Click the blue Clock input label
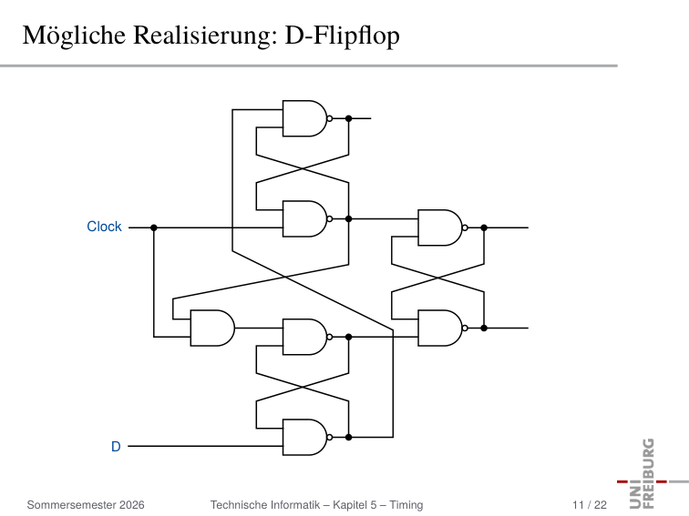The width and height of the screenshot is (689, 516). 104,227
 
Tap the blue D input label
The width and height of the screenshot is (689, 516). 116,446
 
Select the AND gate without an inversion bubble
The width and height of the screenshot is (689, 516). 212,329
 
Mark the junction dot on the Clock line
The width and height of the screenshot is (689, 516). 154,228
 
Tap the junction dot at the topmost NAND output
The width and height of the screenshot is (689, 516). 348,118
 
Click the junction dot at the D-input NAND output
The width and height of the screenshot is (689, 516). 348,438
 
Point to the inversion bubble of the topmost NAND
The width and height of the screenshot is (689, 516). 330,118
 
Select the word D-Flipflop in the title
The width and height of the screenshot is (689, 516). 343,35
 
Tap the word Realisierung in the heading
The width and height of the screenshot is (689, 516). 206,35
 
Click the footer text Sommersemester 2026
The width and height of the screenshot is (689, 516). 86,505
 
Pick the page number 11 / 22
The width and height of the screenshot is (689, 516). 590,505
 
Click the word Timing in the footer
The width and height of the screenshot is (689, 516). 406,505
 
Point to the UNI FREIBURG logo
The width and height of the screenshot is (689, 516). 653,474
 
